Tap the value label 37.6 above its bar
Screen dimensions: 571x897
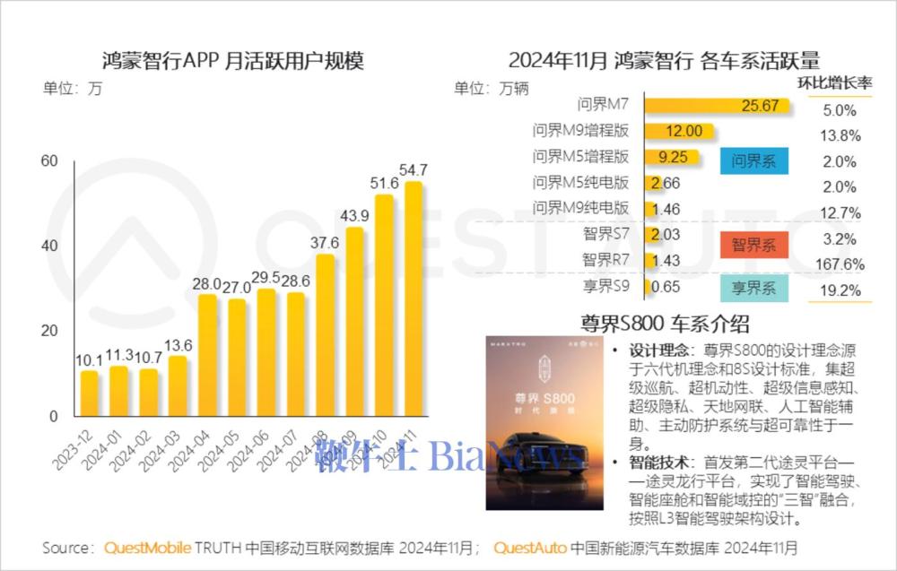(x=325, y=243)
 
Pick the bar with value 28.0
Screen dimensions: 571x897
(x=207, y=354)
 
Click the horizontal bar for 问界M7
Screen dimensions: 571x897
(x=718, y=107)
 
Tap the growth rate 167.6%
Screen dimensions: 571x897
(x=840, y=264)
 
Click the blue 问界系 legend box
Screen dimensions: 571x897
(x=753, y=160)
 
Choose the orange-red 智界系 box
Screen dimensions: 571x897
(x=753, y=244)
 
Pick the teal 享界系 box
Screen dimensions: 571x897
(x=753, y=288)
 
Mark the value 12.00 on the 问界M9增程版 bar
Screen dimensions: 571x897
(x=684, y=132)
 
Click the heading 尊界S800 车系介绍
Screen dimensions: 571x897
(x=665, y=324)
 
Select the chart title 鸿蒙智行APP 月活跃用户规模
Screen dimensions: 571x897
(x=233, y=61)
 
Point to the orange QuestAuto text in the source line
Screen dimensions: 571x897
(x=529, y=547)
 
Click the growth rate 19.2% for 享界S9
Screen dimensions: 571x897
(x=840, y=290)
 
